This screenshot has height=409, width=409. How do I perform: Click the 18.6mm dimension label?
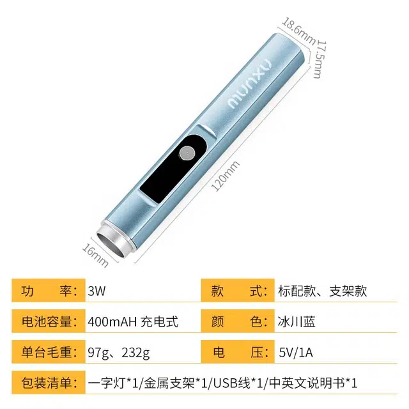[298, 31]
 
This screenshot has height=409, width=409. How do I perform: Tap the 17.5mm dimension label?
[319, 59]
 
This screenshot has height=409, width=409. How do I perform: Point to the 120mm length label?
[226, 176]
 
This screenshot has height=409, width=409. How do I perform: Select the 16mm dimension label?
[95, 255]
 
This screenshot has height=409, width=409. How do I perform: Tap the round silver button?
[187, 153]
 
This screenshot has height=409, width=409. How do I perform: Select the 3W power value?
[96, 291]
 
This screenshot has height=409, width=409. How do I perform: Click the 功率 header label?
[49, 291]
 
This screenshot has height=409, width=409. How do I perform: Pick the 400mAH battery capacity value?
[112, 321]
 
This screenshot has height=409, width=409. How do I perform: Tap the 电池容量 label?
[49, 321]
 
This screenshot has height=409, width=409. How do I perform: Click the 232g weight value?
[135, 353]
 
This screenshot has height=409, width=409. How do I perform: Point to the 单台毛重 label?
[49, 352]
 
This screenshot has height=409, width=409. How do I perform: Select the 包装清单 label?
[49, 383]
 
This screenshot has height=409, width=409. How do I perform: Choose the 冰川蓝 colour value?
[297, 321]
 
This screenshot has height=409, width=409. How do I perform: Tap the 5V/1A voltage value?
[296, 352]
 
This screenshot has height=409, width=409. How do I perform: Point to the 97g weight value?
[98, 353]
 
